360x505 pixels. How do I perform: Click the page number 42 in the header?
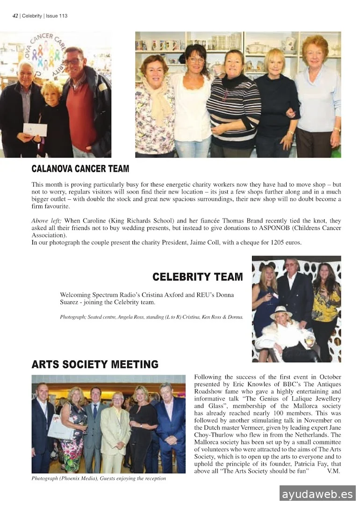[15, 15]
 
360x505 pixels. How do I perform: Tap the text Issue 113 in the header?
[57, 15]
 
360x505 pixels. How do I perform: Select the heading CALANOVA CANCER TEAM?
[80, 169]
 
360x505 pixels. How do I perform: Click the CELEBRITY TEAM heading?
[197, 277]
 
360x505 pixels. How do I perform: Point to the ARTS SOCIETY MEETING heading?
[95, 364]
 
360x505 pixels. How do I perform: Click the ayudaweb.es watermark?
[317, 494]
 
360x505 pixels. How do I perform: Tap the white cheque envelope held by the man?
[35, 130]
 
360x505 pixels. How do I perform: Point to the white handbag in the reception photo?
[60, 426]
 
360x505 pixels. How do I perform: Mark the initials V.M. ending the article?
[334, 471]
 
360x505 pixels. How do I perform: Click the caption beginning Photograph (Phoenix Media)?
[99, 478]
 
